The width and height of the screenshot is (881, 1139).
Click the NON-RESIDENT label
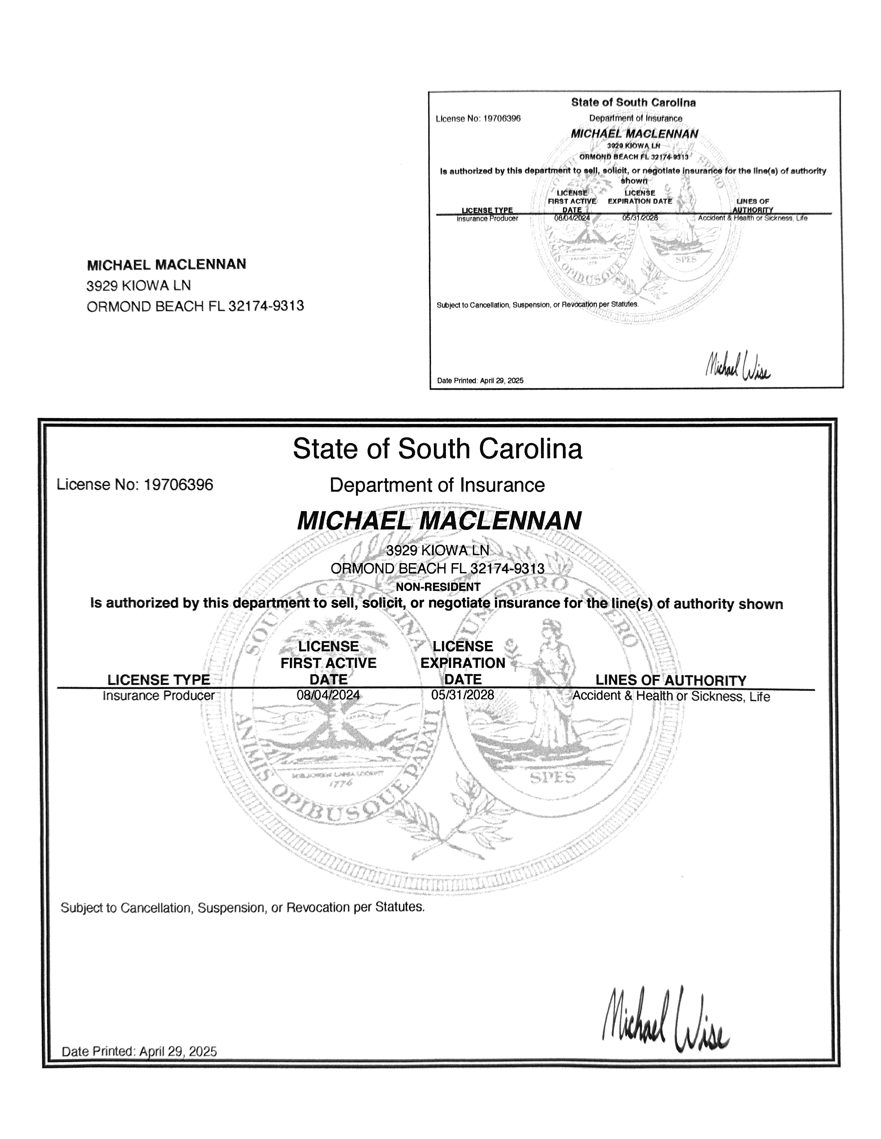tap(437, 587)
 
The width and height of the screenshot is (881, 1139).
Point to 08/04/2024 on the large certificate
tap(328, 695)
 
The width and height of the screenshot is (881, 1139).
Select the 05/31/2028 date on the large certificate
tap(462, 695)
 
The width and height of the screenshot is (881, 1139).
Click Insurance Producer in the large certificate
tap(159, 696)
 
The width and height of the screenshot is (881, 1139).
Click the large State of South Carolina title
tap(437, 449)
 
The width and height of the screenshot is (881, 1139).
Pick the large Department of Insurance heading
tap(437, 485)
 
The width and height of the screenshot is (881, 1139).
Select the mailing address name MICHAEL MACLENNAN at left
tap(166, 265)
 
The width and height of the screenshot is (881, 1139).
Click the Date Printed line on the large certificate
tap(139, 1051)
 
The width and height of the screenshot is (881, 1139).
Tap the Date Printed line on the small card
tap(480, 381)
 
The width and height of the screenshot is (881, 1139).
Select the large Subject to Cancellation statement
tap(243, 908)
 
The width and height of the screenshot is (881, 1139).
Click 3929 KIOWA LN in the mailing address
tap(138, 286)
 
